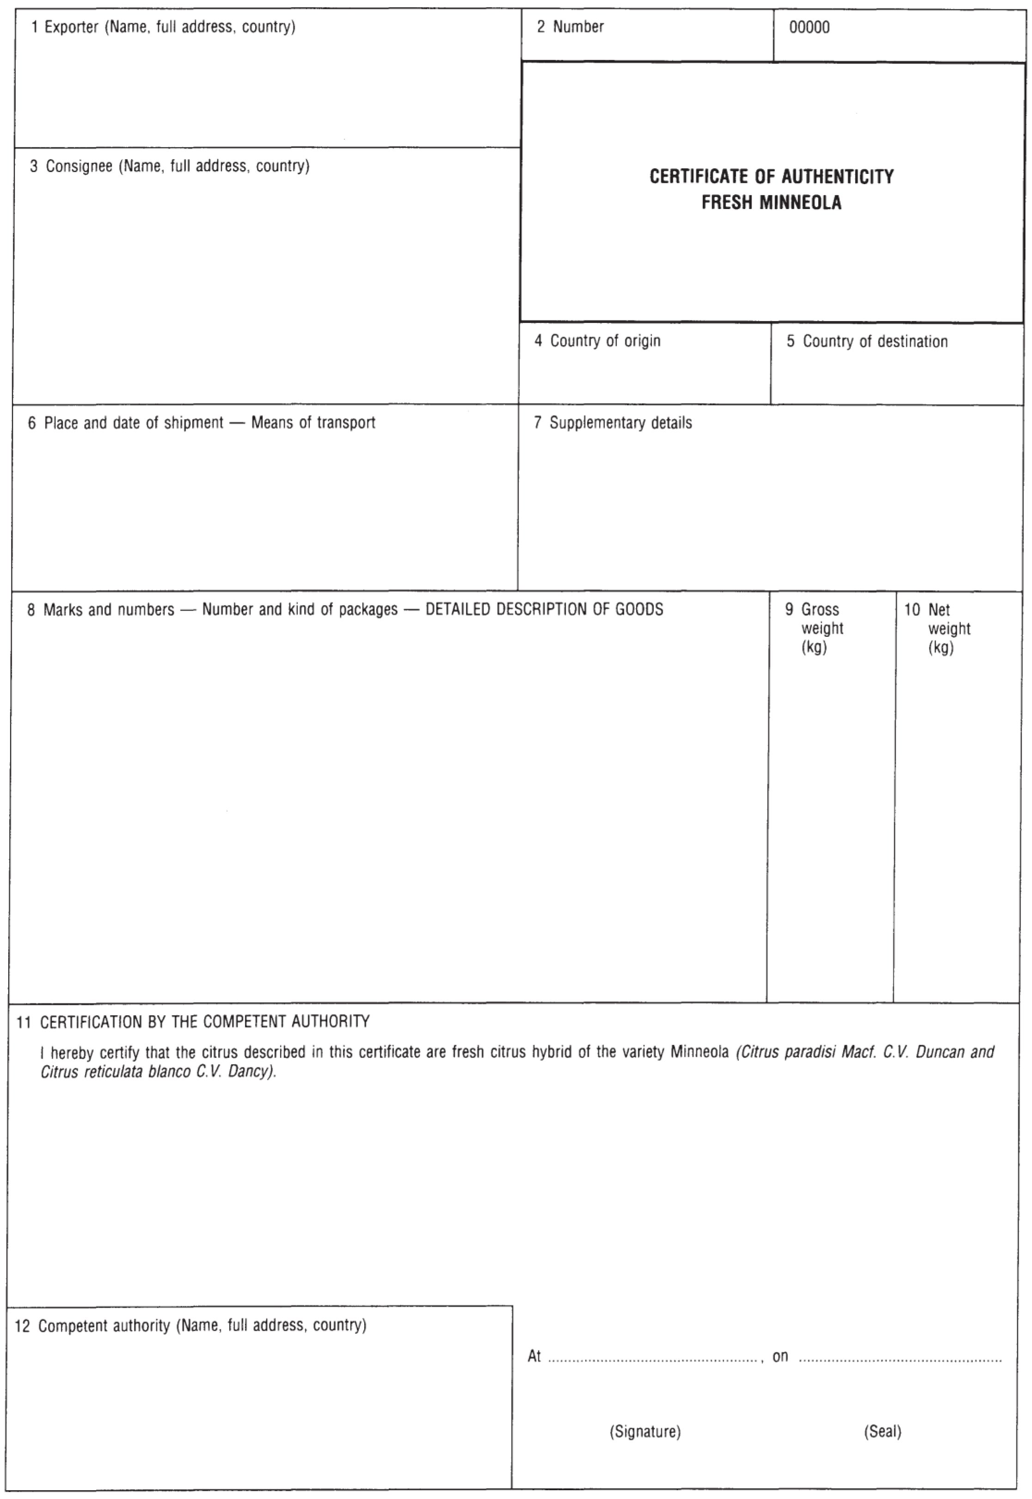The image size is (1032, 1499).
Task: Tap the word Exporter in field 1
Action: click(x=71, y=27)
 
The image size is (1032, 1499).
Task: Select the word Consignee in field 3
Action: click(x=79, y=166)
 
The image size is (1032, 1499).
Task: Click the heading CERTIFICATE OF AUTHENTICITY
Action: click(x=771, y=177)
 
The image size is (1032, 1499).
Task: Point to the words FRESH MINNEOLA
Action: click(x=771, y=203)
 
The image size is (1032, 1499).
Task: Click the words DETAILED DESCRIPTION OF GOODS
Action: click(x=544, y=610)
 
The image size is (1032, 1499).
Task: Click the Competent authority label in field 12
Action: click(x=106, y=1326)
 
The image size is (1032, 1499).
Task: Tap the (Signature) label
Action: click(x=645, y=1432)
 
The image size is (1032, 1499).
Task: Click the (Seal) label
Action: click(x=882, y=1432)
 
